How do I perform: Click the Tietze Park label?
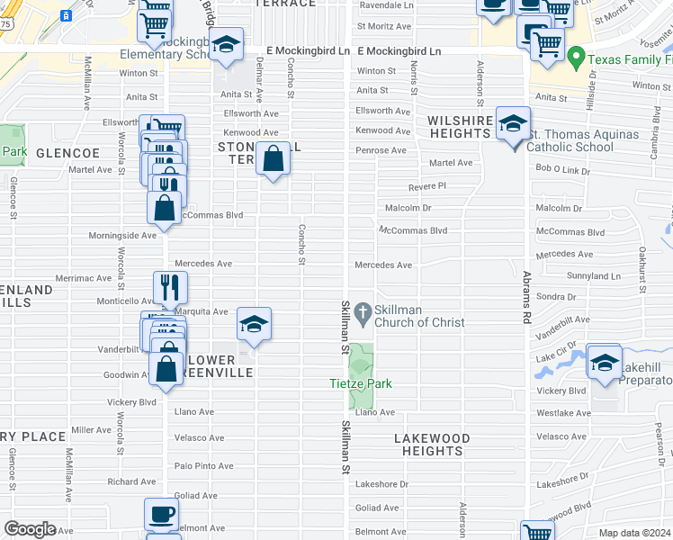[360, 384]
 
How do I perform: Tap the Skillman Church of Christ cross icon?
[363, 311]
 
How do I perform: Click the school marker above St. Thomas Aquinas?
[513, 124]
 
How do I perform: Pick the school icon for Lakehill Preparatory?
[605, 362]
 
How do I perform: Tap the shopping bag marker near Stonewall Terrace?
[272, 160]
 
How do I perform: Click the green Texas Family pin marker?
[577, 59]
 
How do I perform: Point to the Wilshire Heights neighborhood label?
[460, 127]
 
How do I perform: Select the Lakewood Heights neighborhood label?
[432, 445]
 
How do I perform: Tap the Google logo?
[30, 528]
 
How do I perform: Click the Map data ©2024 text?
[635, 533]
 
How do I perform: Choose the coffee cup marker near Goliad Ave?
[162, 515]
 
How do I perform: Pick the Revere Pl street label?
[427, 185]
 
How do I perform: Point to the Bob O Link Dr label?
[562, 169]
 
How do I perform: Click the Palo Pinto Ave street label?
[204, 466]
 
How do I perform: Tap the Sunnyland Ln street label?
[594, 276]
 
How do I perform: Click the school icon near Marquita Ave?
[255, 324]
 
